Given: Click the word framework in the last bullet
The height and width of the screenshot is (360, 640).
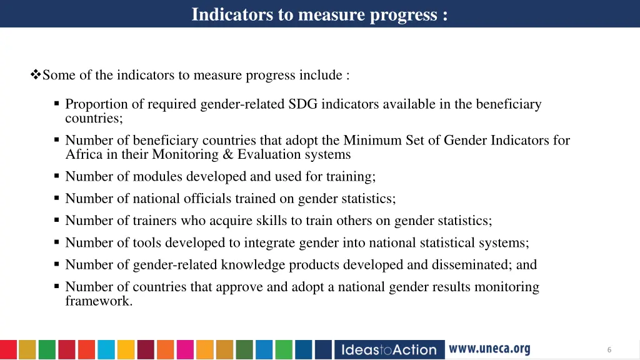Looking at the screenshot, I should (99, 301).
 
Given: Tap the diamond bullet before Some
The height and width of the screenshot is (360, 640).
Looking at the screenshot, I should (35, 76).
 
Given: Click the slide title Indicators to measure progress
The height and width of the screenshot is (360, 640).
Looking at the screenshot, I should (319, 14).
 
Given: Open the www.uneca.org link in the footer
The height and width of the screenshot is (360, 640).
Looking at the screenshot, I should (489, 349).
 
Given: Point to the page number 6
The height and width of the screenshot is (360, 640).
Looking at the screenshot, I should (609, 350).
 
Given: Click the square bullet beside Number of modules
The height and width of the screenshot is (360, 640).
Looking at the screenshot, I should (56, 176).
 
